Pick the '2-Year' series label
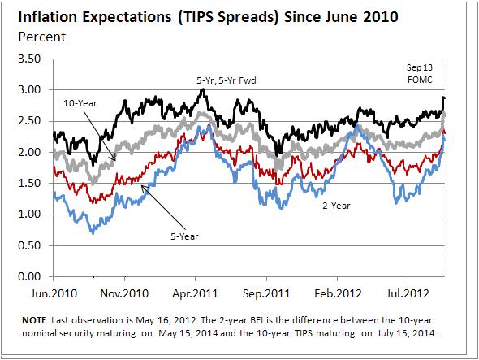(x=335, y=207)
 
